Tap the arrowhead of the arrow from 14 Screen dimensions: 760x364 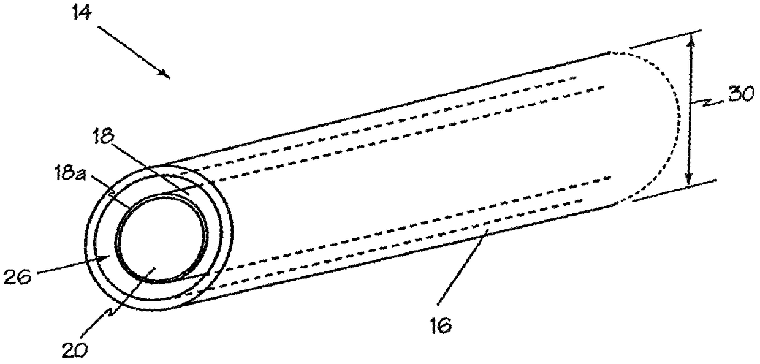pos(167,75)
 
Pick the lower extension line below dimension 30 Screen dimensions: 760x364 pos(674,191)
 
